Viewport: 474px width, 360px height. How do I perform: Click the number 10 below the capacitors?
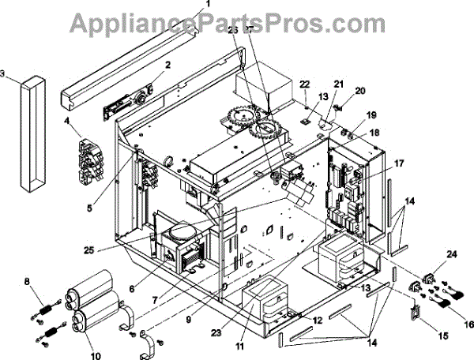[97, 356]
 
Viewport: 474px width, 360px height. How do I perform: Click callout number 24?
[429, 253]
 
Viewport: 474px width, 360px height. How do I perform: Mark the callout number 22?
[305, 84]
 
